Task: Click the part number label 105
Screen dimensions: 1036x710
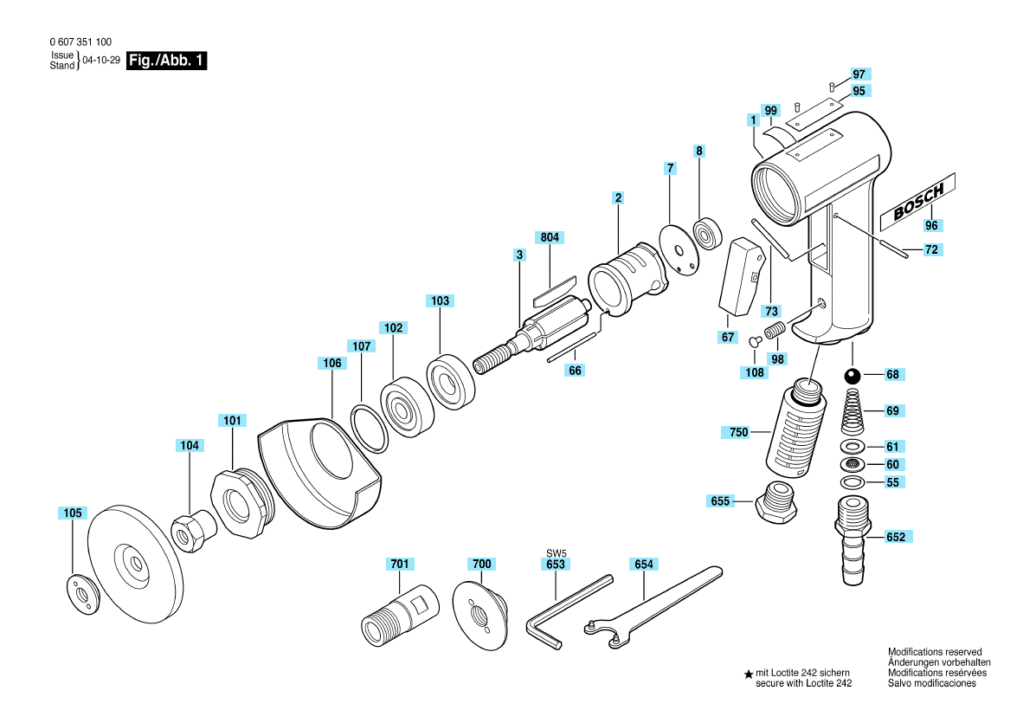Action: [73, 513]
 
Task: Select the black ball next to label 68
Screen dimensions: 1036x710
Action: [853, 376]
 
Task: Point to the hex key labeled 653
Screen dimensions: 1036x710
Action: [569, 612]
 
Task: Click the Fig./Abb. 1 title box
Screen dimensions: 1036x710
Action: [166, 61]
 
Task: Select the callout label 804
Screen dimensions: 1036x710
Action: [550, 237]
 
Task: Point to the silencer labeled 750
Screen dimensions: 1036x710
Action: [796, 429]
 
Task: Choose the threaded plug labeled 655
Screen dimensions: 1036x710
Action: [775, 502]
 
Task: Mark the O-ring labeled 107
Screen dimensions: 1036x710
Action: [370, 429]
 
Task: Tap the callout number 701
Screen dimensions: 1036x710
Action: [400, 564]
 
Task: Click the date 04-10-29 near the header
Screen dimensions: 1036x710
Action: [101, 60]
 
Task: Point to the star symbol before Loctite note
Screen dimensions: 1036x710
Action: [749, 674]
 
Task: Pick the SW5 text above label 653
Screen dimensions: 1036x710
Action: [557, 552]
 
